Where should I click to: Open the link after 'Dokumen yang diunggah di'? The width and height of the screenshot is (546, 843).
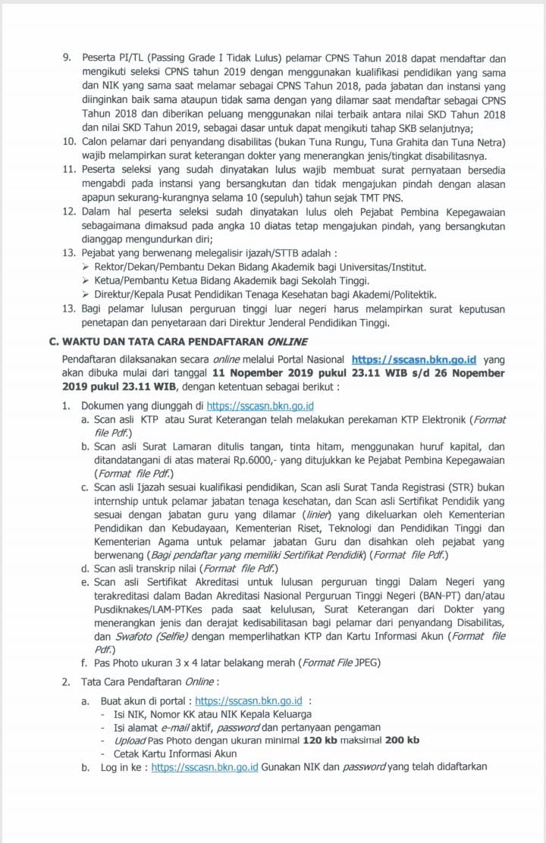(260, 406)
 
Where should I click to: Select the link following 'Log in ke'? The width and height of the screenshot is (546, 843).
(205, 767)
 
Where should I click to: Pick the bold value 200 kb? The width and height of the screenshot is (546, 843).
(402, 740)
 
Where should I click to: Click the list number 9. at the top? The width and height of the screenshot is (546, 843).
(66, 58)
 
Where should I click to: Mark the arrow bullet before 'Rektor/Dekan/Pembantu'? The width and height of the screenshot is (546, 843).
(86, 268)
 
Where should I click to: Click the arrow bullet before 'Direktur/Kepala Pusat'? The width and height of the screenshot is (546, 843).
(86, 295)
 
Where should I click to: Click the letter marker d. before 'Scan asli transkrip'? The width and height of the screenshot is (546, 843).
(86, 568)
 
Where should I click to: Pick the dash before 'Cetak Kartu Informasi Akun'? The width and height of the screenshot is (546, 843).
(104, 754)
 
